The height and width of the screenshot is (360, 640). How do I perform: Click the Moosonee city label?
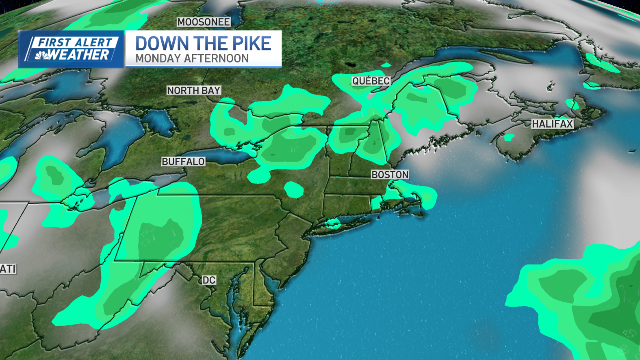tap(204, 22)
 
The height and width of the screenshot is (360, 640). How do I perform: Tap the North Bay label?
tap(194, 91)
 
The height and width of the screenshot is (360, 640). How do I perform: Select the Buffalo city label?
tap(183, 162)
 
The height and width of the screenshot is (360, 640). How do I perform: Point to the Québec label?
tap(371, 81)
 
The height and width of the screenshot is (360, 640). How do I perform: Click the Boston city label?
tap(390, 175)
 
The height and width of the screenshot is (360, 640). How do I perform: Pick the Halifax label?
tap(552, 124)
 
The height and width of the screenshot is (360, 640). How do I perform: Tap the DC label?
tap(209, 280)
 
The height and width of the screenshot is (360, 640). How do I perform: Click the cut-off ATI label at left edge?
tap(8, 269)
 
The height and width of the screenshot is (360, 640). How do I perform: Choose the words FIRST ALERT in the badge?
tap(75, 42)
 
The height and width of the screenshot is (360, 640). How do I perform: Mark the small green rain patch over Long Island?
tap(333, 223)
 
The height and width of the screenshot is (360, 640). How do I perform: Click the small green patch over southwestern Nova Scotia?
tap(509, 138)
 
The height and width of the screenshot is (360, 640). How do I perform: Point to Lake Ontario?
tap(228, 155)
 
